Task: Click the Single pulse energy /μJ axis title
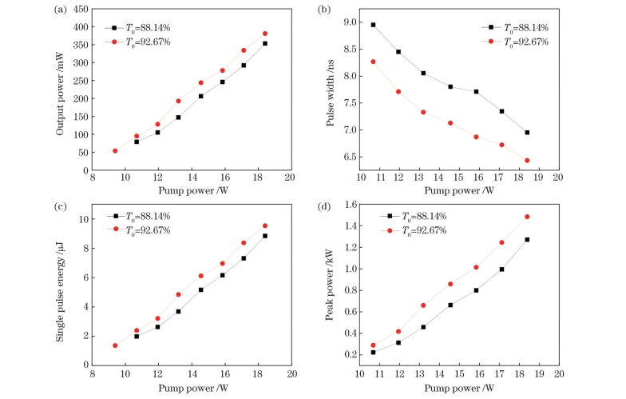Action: pyautogui.click(x=60, y=291)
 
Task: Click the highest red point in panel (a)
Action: pyautogui.click(x=287, y=34)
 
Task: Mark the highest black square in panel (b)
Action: pyautogui.click(x=374, y=25)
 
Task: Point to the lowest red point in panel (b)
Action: pyautogui.click(x=527, y=161)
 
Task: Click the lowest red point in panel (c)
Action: pyautogui.click(x=115, y=345)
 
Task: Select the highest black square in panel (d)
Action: pyautogui.click(x=527, y=239)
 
